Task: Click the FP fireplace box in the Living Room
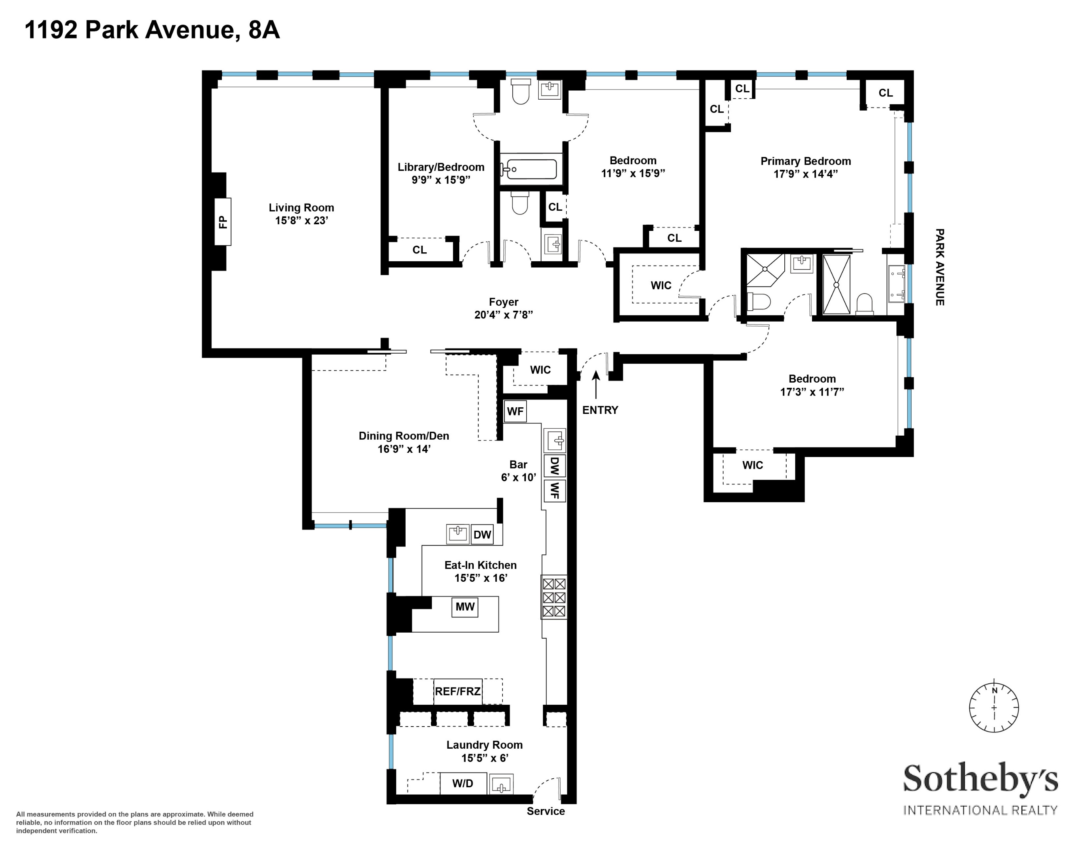point(223,221)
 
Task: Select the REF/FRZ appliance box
point(457,691)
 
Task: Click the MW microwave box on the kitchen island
point(465,607)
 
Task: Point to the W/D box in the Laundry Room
point(463,783)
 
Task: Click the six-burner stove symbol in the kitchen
point(554,597)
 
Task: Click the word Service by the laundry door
point(545,811)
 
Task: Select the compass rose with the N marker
point(994,707)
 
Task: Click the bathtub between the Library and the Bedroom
point(529,169)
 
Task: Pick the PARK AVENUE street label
point(940,267)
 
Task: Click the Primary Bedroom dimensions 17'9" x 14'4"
point(805,174)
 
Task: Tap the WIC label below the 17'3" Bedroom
point(752,465)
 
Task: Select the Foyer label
point(504,302)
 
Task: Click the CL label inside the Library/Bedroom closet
point(420,250)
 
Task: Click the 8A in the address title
point(264,30)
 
